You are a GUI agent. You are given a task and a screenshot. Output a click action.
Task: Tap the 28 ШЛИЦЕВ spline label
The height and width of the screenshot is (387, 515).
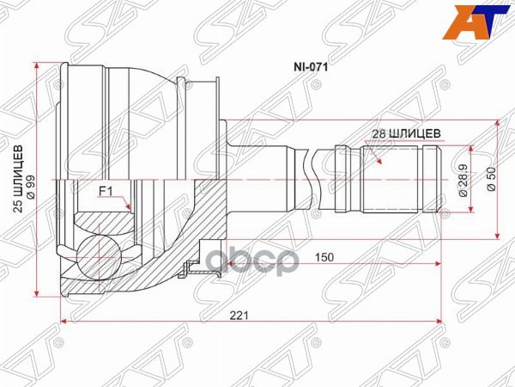coord(407,133)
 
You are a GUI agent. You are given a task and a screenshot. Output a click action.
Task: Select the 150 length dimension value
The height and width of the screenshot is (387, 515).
coord(324,256)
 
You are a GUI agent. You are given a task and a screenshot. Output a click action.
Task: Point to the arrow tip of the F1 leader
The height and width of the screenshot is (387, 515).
coord(128,209)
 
